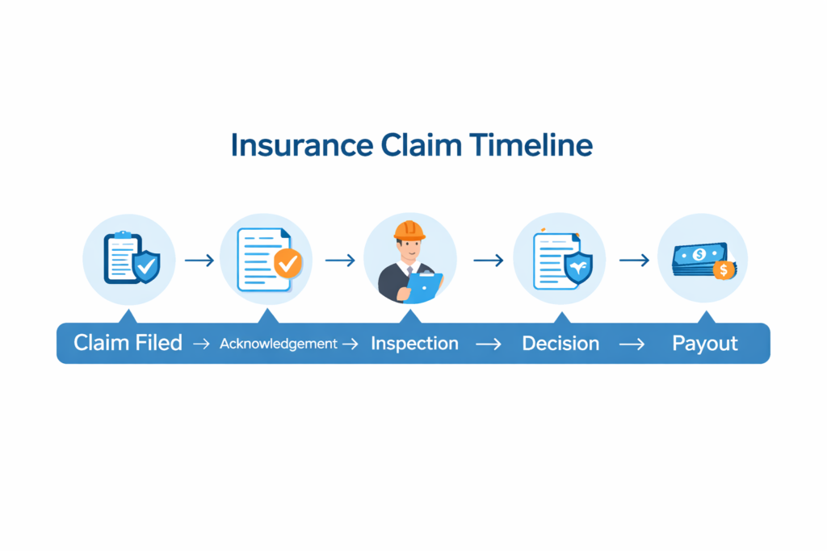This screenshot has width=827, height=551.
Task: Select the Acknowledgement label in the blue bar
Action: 278,344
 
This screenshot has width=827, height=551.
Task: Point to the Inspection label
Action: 414,343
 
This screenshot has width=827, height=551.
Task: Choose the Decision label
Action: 560,343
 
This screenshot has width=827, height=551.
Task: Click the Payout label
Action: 705,343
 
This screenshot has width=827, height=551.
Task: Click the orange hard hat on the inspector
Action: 409,229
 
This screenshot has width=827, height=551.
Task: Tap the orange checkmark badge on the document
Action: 287,263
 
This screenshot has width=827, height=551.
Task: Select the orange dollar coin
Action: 724,269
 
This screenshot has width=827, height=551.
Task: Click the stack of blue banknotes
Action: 697,260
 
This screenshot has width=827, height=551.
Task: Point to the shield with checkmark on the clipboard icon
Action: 146,266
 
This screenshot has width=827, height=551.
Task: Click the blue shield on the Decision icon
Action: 577,268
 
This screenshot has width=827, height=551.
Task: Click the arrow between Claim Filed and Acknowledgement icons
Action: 199,261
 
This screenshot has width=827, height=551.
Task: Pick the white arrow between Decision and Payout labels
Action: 632,344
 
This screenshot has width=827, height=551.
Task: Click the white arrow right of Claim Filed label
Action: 199,344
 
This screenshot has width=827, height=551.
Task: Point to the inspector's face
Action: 410,247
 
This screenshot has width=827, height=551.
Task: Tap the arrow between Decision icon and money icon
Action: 634,261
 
